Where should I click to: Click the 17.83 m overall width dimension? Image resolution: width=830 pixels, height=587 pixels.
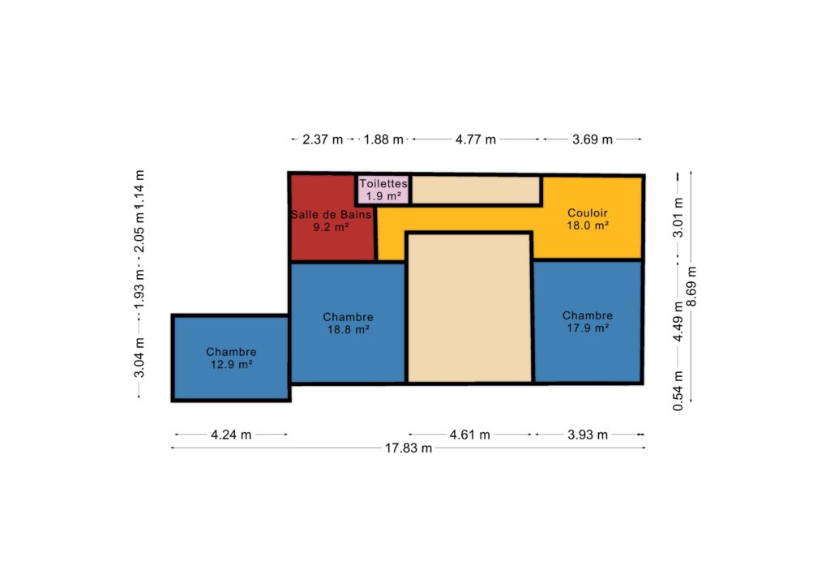(409, 448)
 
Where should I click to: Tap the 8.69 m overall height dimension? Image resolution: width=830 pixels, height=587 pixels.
(691, 286)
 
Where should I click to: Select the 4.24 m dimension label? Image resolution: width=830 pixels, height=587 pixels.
(231, 435)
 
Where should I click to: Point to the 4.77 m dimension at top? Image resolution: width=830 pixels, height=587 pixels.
(475, 139)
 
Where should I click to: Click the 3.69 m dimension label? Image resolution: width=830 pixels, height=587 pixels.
(592, 139)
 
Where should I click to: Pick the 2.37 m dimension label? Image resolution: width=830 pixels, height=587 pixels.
(323, 139)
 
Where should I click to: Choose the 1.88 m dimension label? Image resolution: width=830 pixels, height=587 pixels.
(383, 139)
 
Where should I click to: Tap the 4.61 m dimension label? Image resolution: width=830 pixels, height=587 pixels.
(469, 435)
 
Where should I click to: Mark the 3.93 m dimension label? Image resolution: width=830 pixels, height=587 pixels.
(588, 435)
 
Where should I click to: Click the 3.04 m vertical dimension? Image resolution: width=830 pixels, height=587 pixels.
(139, 358)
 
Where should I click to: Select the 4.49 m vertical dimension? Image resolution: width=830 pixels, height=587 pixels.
(678, 321)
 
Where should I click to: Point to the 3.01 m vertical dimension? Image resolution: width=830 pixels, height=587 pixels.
(678, 217)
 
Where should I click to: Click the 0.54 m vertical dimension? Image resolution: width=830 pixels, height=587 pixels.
(678, 391)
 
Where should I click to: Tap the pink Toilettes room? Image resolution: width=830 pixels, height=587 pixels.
(383, 190)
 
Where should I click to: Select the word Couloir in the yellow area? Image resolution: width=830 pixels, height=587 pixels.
(588, 212)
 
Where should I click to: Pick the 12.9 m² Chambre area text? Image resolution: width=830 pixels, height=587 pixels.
(231, 364)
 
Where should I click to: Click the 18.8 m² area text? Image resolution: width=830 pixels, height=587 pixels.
(348, 329)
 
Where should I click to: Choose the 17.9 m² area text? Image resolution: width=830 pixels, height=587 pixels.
(588, 328)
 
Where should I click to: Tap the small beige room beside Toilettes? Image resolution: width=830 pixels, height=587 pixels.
(476, 190)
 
